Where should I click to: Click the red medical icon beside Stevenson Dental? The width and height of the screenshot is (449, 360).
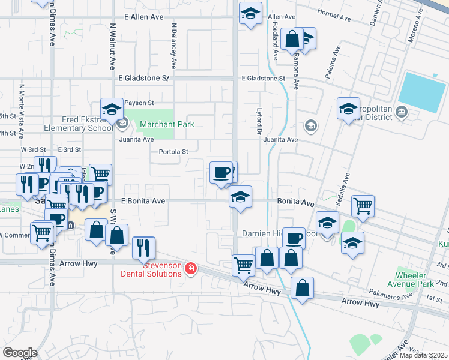pos(190,268)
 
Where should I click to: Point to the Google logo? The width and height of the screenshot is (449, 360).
pos(19,352)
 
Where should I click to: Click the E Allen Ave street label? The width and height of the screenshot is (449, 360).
pos(143,17)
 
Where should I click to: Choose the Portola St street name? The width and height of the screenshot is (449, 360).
pos(173,152)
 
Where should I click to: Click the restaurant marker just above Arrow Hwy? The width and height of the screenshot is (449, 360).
pos(143,247)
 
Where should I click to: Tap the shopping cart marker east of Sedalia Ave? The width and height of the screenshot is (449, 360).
pos(363,205)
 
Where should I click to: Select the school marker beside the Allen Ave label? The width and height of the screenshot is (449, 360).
pos(250,13)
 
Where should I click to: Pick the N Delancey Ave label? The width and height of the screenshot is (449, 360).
pos(173,45)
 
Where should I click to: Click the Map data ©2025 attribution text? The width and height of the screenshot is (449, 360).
pos(424,355)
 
